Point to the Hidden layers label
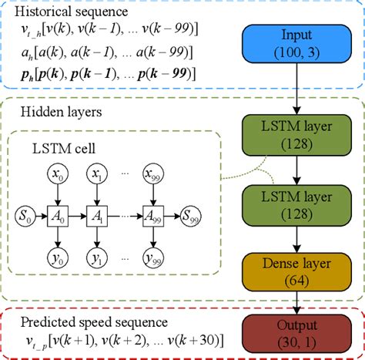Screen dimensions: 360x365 51,113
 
